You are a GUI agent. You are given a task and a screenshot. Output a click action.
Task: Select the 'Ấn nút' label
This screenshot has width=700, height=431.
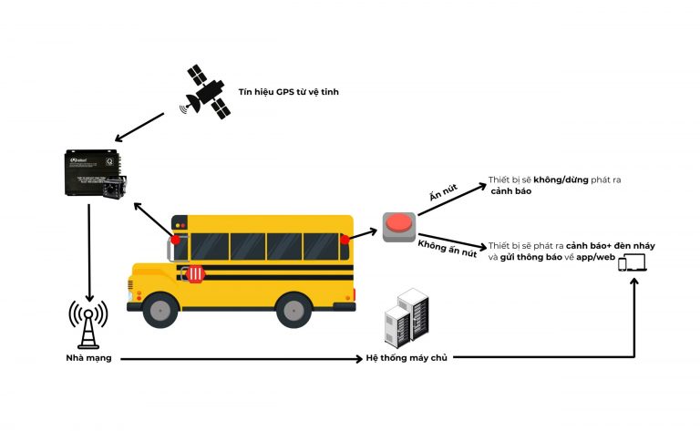click(x=445, y=196)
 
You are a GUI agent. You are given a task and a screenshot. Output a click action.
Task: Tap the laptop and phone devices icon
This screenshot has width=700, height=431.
click(x=632, y=263)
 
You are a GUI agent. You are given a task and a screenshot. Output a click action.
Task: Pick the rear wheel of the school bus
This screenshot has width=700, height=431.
click(x=294, y=310)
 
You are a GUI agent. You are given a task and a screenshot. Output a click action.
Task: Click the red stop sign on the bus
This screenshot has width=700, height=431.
click(x=195, y=274)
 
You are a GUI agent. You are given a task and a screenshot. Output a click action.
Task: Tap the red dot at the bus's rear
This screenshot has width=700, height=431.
click(x=345, y=240)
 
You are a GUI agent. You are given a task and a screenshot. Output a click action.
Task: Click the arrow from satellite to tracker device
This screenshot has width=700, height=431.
click(x=140, y=127)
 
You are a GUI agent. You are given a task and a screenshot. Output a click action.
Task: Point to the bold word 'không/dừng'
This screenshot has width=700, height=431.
click(x=572, y=180)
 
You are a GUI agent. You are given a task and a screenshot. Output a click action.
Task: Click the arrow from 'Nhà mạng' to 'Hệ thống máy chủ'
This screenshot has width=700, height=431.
click(x=237, y=359)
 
